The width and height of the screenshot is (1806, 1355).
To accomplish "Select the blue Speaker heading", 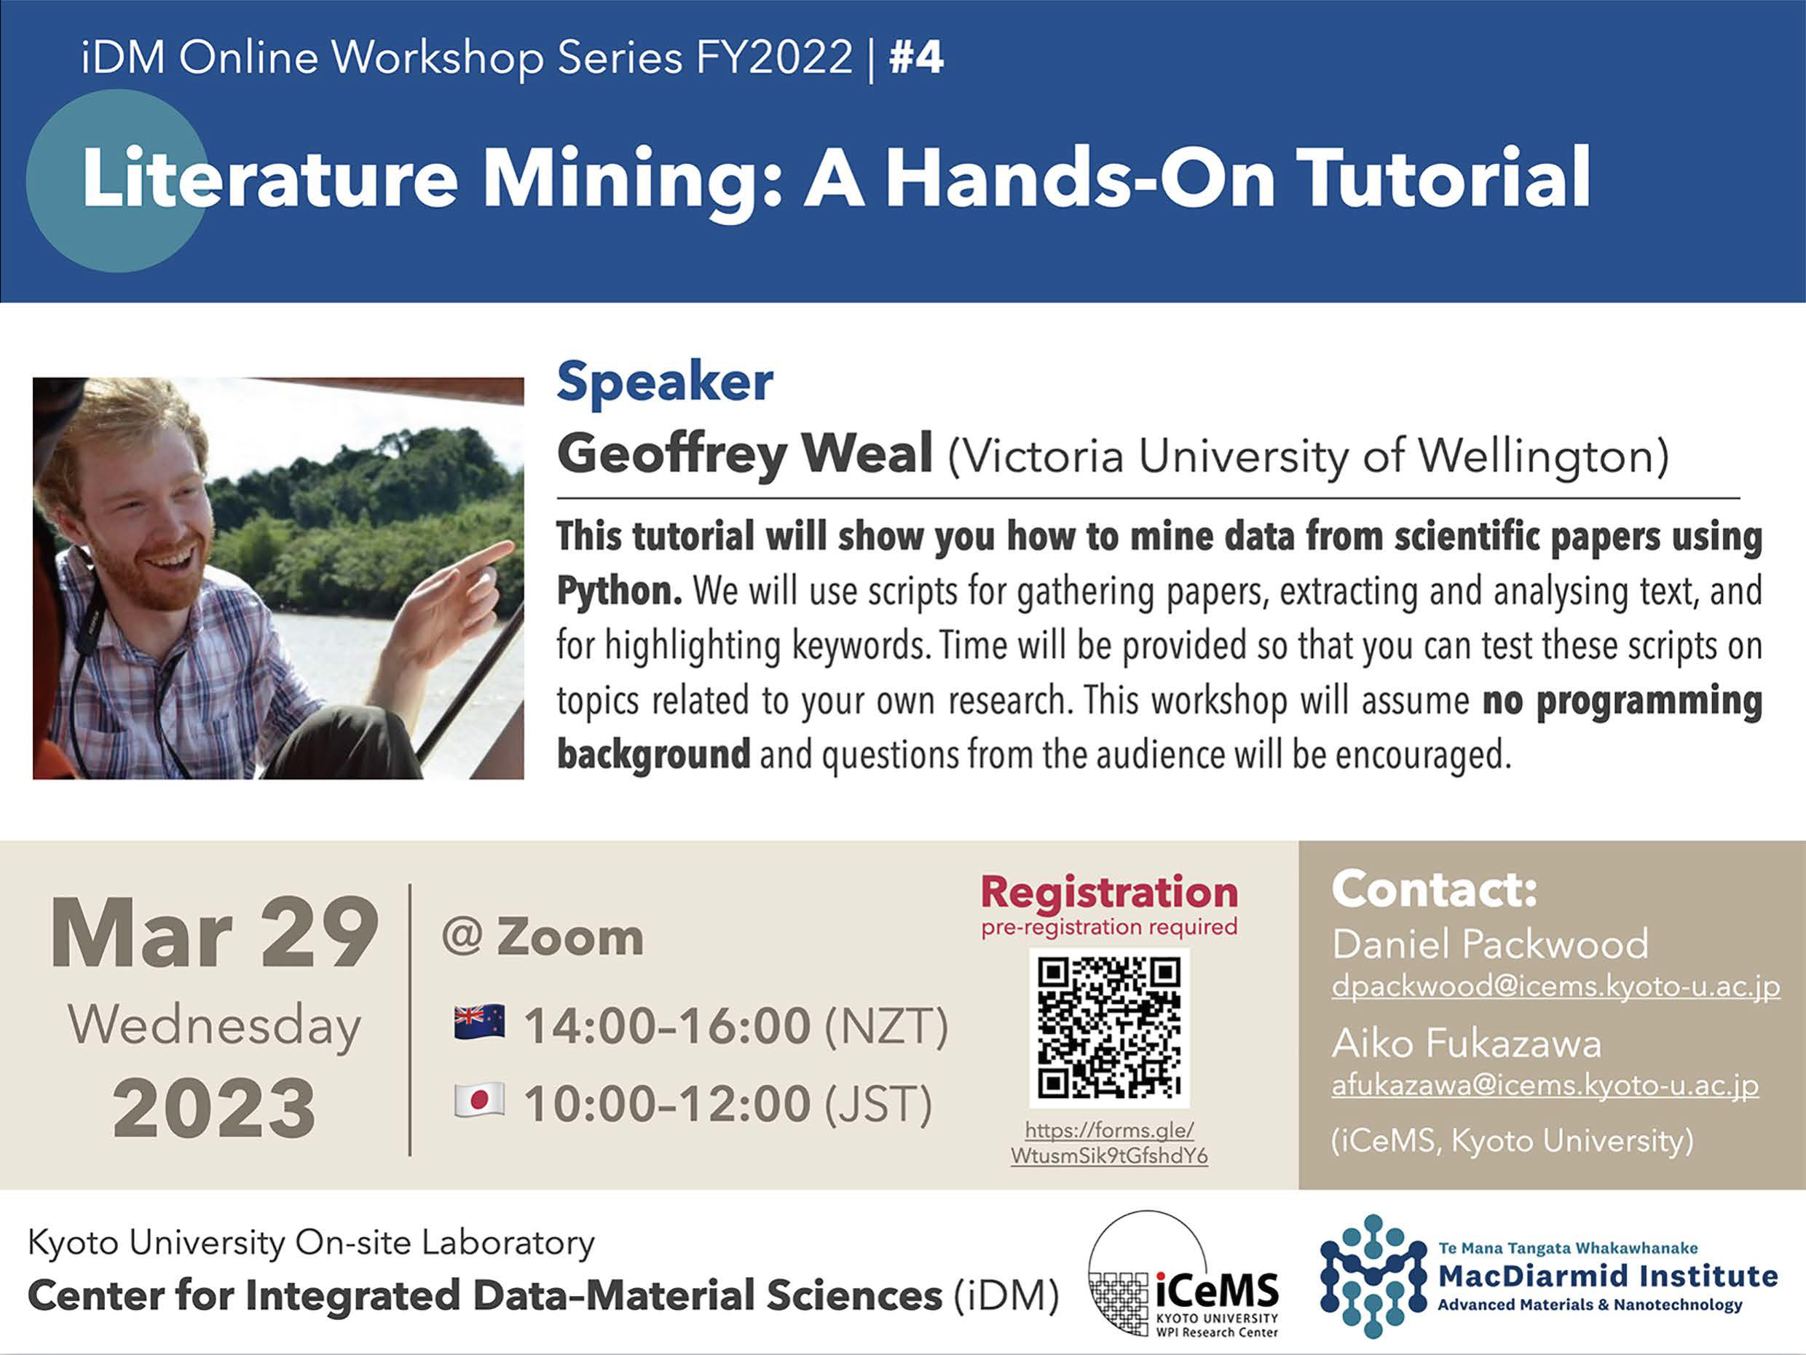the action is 665,382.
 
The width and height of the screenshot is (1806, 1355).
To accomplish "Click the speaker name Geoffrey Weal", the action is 744,454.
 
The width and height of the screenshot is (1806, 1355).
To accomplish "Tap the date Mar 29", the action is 214,933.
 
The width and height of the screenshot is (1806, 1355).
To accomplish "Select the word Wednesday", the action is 214,1027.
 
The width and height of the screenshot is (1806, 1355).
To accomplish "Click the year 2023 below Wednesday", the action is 214,1107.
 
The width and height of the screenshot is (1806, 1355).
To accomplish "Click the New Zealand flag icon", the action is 479,1023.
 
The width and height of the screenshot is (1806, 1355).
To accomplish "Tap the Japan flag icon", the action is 479,1100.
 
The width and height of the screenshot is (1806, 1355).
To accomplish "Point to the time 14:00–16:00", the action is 667,1025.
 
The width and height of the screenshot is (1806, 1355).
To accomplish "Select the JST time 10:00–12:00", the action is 667,1104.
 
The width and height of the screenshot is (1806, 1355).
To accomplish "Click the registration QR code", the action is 1109,1027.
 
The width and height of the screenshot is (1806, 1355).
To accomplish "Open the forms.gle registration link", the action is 1109,1143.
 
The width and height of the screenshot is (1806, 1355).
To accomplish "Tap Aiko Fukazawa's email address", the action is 1545,1086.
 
